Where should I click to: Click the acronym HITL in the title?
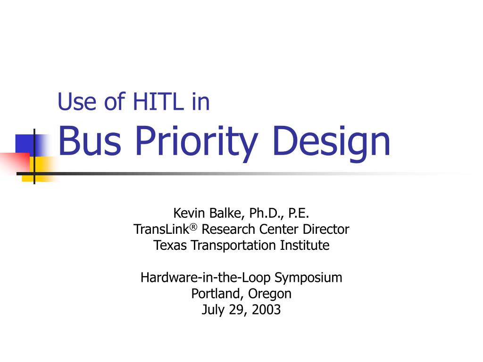158,101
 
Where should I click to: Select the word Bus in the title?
89,140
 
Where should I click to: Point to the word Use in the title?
77,101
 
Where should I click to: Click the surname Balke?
227,214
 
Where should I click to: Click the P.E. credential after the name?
299,213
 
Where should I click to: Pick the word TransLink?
161,230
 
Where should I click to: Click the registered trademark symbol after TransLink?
193,227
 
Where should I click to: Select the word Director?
326,230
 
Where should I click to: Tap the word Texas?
170,245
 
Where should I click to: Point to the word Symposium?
308,278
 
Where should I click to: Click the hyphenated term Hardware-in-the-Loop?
206,278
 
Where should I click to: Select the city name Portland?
215,294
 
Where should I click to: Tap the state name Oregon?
269,294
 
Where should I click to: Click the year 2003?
266,310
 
